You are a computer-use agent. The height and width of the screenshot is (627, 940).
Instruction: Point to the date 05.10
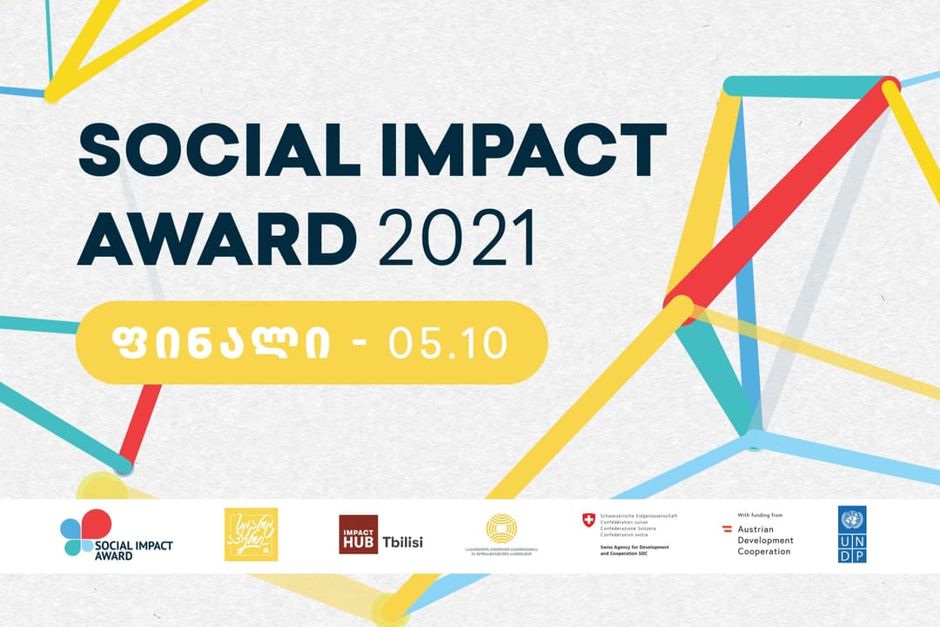click(x=448, y=343)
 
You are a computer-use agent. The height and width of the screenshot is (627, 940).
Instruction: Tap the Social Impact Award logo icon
click(x=84, y=531)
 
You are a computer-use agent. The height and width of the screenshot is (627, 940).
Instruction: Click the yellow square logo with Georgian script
click(x=252, y=534)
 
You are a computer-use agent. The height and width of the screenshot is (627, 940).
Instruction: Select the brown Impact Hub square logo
click(x=358, y=535)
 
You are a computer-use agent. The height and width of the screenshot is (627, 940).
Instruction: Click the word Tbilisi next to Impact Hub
click(x=403, y=542)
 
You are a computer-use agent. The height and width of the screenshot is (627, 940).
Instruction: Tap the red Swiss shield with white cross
click(x=589, y=520)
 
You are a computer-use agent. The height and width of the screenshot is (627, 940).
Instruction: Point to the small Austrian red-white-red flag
click(x=727, y=529)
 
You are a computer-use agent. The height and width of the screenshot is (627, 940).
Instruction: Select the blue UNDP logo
click(x=852, y=534)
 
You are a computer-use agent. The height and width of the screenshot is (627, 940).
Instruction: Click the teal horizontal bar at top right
click(x=805, y=87)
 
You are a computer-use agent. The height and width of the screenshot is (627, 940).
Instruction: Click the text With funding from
click(x=760, y=516)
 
